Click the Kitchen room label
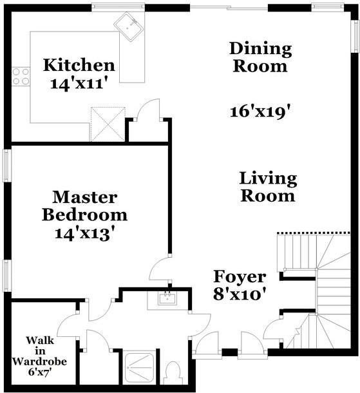(79, 65)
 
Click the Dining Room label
(260, 57)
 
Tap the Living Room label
(268, 187)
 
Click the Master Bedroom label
(84, 206)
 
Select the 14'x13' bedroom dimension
(84, 233)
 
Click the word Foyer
(240, 278)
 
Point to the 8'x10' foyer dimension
(240, 296)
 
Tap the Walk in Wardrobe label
(39, 356)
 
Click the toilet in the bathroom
(172, 374)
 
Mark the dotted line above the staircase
(314, 233)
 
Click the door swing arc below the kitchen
(149, 108)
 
